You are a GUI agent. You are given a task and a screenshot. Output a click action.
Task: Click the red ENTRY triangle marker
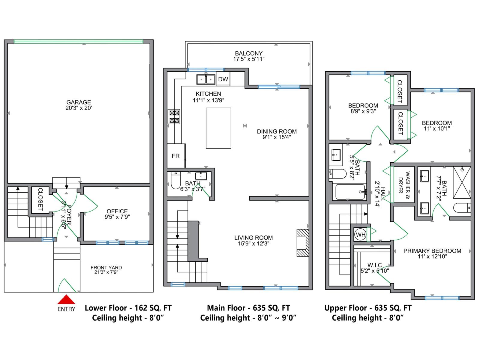coord(66,300)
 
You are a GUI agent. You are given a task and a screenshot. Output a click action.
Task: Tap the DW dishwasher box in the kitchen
coord(223,79)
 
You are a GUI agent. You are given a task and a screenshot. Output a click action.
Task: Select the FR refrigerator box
coord(176,156)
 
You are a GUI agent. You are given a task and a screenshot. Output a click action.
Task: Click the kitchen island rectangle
coord(218,128)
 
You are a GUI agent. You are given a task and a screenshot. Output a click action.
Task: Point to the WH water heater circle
coord(360,235)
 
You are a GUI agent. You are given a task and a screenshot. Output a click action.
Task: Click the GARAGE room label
coord(79,102)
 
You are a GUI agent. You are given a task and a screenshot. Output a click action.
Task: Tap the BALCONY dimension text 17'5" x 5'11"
coord(249,59)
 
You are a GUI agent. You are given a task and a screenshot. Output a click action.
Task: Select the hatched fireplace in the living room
coord(302,243)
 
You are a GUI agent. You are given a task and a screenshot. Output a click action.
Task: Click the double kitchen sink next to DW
coord(206,79)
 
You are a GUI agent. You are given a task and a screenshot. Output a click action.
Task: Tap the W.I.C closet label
coord(375,265)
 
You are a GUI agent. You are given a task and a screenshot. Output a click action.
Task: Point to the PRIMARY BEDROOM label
coord(432,251)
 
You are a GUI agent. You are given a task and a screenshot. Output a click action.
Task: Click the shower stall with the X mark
coord(462,182)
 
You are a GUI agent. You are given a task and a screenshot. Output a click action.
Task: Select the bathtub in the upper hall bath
coord(350,192)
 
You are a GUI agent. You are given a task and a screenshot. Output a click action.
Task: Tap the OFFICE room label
coord(117,211)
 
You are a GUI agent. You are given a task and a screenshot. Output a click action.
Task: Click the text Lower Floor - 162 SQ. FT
coord(128,308)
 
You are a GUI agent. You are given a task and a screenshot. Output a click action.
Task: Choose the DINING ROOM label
coord(277,131)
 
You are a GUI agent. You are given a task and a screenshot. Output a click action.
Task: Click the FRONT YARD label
coord(106,268)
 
